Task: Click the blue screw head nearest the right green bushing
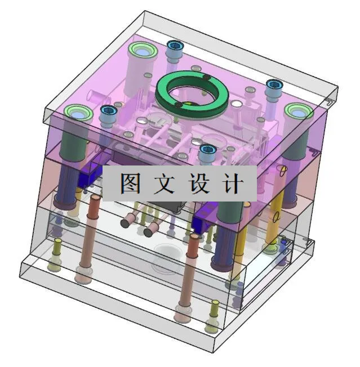coord(274,85)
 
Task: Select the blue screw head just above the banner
coord(207,150)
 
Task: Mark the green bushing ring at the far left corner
coord(78,113)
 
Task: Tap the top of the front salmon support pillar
coord(193,238)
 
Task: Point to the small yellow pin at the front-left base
coord(57,243)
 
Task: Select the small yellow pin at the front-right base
coord(214,306)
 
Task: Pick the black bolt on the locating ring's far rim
coord(207,77)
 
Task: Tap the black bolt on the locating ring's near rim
coord(179,105)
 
